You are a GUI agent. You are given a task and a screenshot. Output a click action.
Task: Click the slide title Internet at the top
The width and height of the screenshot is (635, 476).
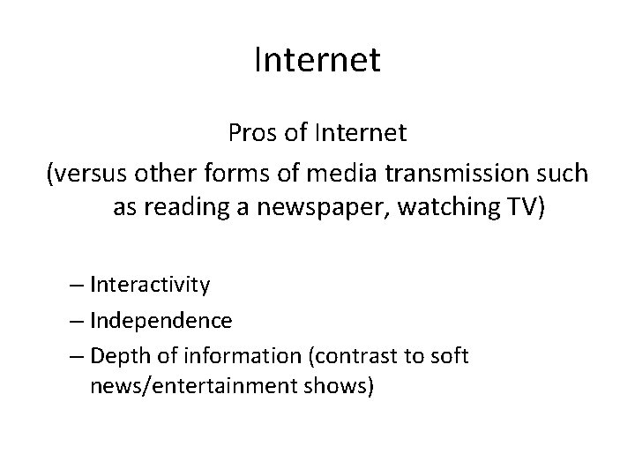tap(317, 60)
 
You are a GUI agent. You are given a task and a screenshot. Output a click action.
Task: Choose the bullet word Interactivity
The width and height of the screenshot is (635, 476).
tap(149, 285)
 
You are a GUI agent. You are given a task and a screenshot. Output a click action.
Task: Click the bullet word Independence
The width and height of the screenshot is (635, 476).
tap(161, 320)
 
